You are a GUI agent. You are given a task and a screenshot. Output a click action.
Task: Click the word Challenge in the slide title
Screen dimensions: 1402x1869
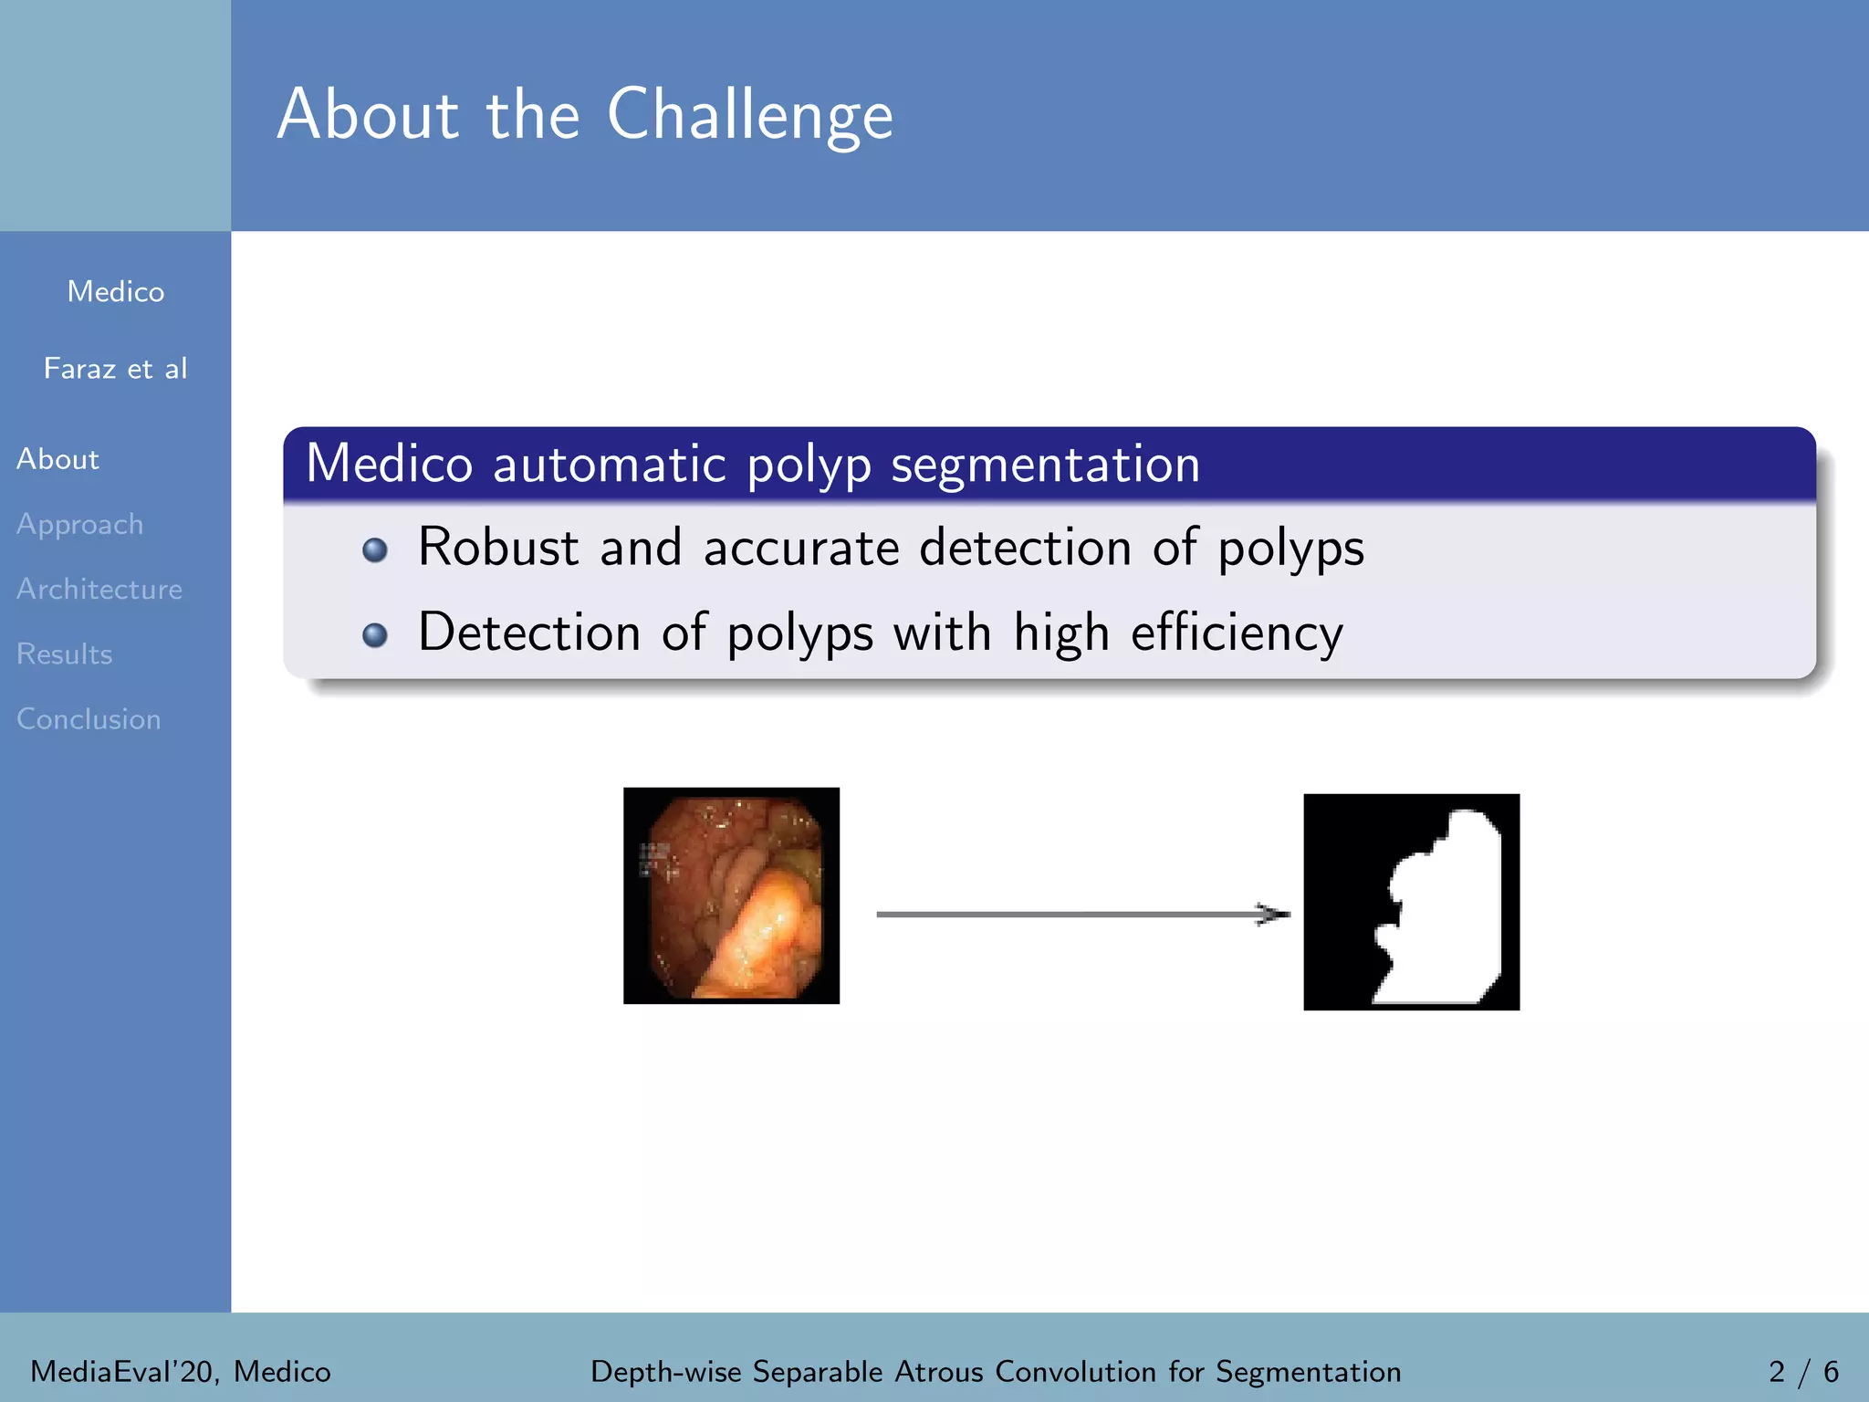749,116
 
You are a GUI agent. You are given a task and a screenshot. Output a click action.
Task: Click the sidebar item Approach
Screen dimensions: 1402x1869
80,525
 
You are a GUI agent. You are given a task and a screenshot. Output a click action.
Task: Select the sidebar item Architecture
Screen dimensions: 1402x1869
99,590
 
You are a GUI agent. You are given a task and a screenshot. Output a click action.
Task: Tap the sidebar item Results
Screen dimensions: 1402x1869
65,654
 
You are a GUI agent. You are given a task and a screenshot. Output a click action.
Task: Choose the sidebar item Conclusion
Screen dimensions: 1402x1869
89,719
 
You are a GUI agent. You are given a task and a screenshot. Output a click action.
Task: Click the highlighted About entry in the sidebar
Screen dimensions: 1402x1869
57,459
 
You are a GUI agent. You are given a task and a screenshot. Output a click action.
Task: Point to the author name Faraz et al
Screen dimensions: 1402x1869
116,369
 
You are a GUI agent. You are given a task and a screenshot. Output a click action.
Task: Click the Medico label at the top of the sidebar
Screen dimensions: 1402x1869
116,292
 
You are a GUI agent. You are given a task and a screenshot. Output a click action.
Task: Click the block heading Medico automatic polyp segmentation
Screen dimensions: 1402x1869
753,464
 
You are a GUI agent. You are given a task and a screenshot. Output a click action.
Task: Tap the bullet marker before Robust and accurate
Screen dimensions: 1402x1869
374,550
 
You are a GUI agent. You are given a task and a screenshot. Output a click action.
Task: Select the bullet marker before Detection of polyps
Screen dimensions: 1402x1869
374,634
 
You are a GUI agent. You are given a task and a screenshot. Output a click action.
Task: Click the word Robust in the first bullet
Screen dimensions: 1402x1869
498,548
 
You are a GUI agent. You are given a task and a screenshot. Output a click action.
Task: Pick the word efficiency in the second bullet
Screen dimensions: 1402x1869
1237,633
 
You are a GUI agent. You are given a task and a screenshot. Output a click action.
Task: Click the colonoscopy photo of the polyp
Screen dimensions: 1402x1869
731,895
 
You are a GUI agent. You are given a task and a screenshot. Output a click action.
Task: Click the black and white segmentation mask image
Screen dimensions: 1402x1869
1411,902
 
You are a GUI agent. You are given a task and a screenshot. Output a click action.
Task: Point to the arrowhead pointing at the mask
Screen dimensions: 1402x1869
1273,914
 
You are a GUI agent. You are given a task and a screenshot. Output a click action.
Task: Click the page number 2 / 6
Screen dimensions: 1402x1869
1803,1372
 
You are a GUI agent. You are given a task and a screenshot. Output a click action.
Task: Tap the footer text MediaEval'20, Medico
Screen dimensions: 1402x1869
181,1372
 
